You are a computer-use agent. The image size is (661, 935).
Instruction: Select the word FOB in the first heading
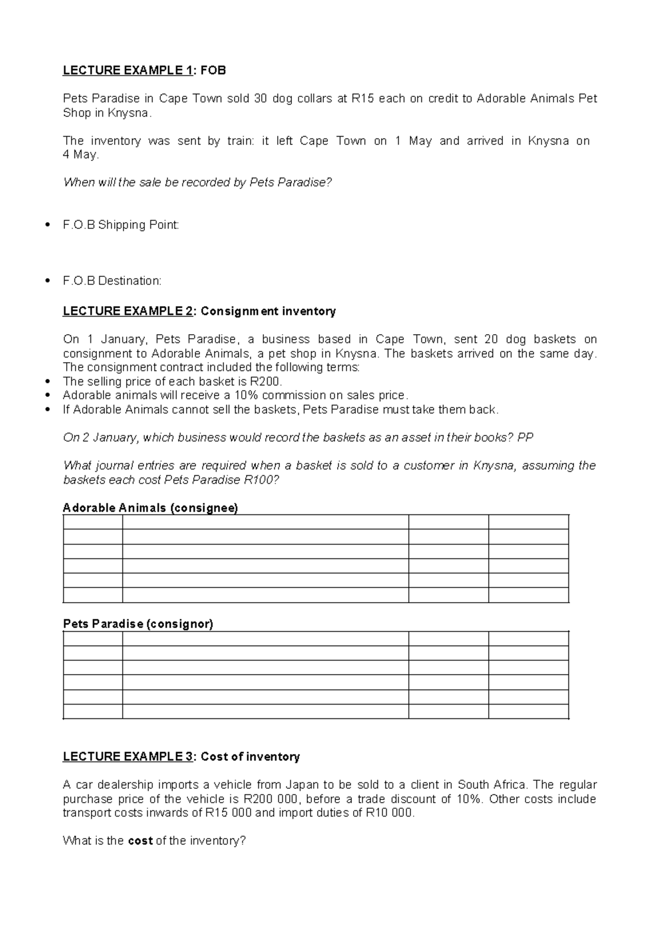pos(214,71)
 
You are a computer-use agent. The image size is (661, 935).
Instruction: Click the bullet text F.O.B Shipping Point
pos(121,225)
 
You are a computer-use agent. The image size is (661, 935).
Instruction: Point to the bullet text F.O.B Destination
pos(112,281)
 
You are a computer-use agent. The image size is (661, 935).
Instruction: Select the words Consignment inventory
pos(268,311)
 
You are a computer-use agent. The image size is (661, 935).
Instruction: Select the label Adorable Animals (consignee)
pos(150,508)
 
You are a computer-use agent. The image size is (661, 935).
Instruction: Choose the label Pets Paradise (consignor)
pos(138,624)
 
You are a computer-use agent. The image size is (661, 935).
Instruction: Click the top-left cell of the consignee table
pos(93,522)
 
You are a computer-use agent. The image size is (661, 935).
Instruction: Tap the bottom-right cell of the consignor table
pos(528,712)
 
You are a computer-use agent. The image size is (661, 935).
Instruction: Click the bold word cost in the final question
pos(140,841)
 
